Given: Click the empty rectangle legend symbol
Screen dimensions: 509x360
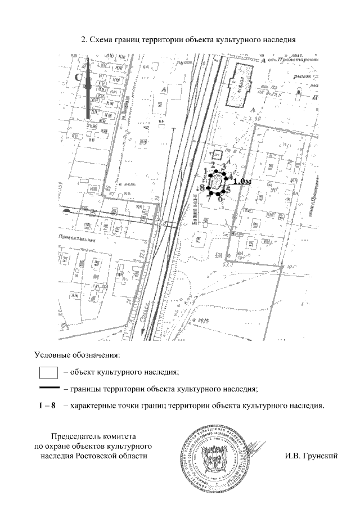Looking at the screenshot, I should coord(48,372).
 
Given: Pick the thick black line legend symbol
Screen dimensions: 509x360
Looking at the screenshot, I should coord(49,388).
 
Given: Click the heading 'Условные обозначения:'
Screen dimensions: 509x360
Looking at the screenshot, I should coord(78,355).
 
